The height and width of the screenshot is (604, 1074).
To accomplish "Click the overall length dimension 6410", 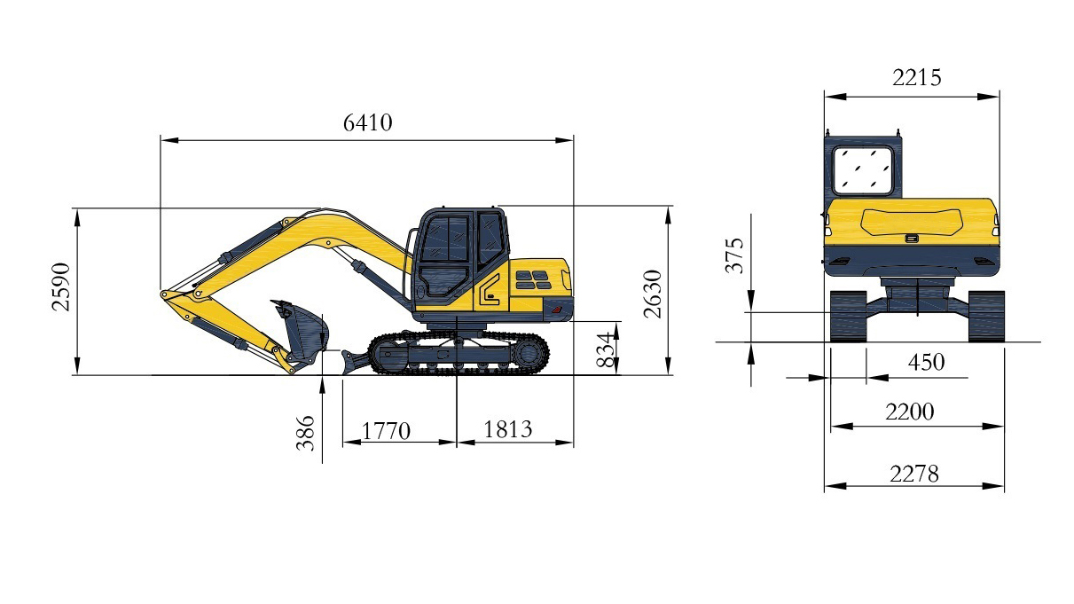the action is tap(368, 123).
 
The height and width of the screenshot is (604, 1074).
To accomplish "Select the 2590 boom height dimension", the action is tap(61, 287).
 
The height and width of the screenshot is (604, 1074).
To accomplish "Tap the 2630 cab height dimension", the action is tap(653, 294).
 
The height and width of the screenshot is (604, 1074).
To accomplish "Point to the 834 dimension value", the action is tap(605, 350).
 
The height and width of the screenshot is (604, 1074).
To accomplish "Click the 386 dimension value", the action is tap(305, 434).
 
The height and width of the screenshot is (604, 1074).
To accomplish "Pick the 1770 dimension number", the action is tap(386, 431).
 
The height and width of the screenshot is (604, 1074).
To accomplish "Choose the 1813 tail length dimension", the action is tap(508, 429).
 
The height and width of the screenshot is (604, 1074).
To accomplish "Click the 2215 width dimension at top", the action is tap(917, 78).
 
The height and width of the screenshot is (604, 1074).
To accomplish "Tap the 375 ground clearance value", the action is tap(734, 255).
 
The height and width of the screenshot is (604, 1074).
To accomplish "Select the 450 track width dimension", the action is tap(926, 363).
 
